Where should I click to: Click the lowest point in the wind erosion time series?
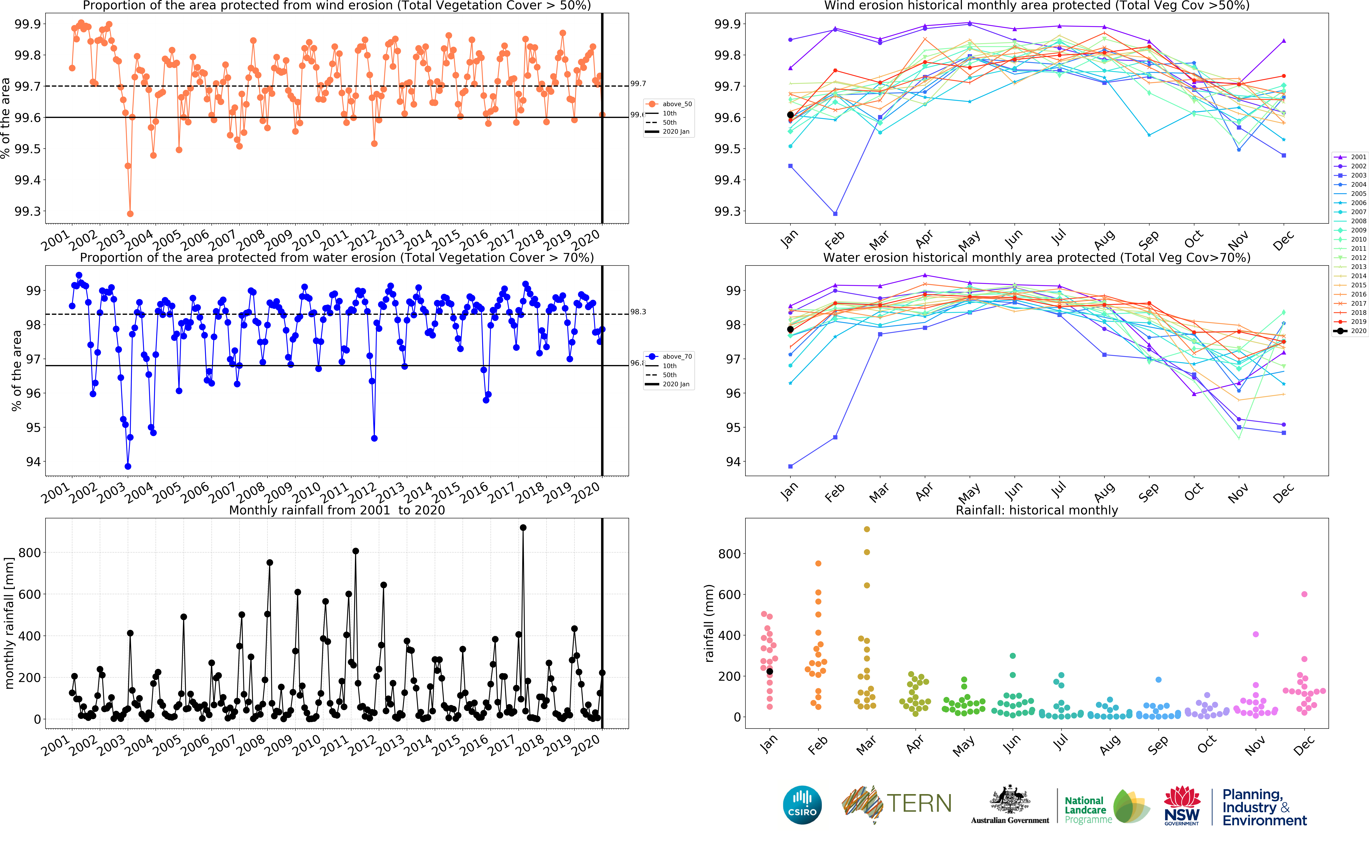point(130,214)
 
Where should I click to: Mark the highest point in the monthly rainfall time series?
point(523,528)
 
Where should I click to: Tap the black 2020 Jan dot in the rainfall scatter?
point(770,671)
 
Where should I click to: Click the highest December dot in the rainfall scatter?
point(1304,594)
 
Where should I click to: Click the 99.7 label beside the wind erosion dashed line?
point(638,84)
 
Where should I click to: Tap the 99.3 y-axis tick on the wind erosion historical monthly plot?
point(728,211)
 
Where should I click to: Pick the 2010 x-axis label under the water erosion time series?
point(307,492)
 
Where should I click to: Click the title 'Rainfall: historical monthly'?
point(1036,510)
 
